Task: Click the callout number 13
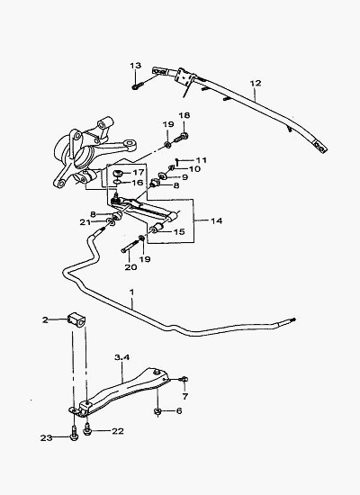pos(136,66)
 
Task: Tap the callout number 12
pos(256,83)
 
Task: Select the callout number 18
pos(184,115)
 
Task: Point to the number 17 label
pos(139,173)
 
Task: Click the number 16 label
pos(138,183)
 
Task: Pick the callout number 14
pos(216,220)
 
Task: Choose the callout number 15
pos(179,231)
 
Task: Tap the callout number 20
pos(130,267)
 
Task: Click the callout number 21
pos(85,222)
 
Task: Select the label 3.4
pos(121,357)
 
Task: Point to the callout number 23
pos(46,438)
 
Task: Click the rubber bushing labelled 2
pos(76,319)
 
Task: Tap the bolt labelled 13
pos(138,85)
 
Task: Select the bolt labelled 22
pos(86,428)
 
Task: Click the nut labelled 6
pos(157,411)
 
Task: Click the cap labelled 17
pos(118,173)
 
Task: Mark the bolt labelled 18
pos(181,138)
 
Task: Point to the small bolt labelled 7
pos(184,378)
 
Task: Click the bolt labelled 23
pos(74,433)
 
